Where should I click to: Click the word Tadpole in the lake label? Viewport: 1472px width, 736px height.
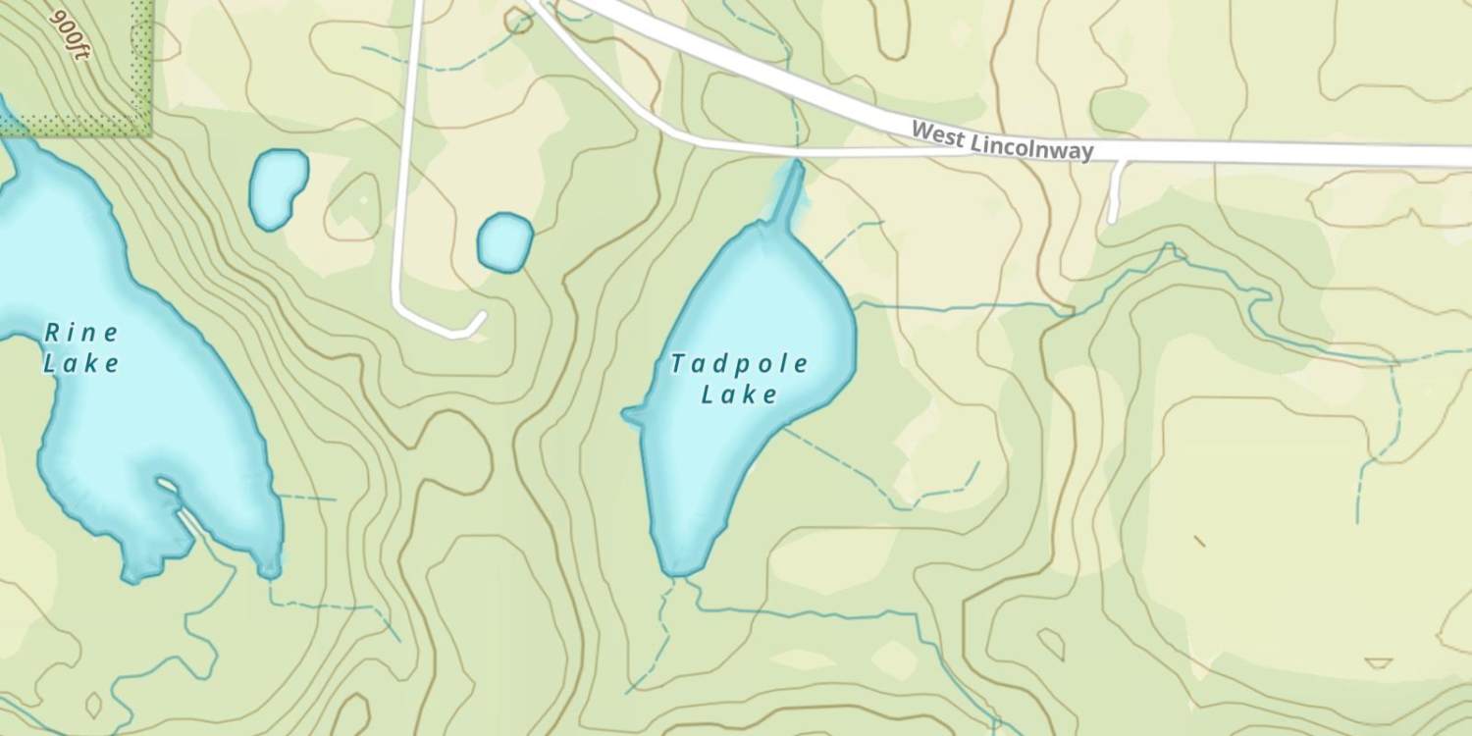(x=739, y=365)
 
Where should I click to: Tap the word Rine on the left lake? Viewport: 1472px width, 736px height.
(x=81, y=333)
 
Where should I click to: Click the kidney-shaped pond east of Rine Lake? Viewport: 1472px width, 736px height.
(x=278, y=187)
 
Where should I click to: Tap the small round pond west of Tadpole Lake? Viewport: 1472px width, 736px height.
(x=504, y=241)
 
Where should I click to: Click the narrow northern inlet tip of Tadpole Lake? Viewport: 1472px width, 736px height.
(x=797, y=170)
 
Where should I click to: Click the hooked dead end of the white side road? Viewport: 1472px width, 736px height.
(x=480, y=319)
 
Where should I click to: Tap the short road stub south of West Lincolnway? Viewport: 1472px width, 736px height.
(x=1115, y=192)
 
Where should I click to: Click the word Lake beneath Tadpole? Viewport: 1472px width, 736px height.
(x=739, y=395)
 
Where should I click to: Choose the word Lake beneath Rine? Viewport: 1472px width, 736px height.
(x=81, y=364)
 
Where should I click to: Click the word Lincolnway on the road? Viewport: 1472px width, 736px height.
(x=1030, y=146)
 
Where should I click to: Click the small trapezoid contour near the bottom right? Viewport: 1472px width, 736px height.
(x=1378, y=663)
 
